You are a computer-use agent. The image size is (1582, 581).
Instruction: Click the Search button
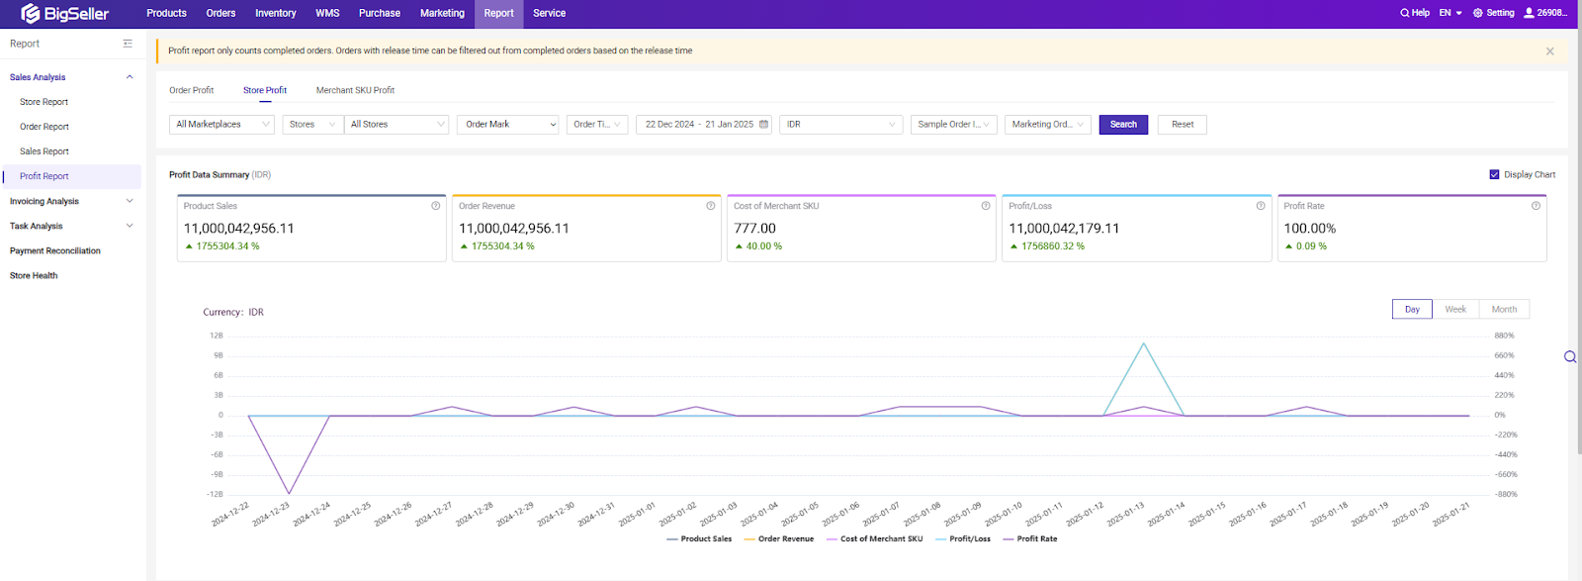(x=1123, y=125)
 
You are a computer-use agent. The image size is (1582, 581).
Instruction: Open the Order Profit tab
(x=191, y=90)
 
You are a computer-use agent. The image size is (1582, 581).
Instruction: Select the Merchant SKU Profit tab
(x=355, y=90)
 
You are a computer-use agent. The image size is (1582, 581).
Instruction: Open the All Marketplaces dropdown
(x=221, y=125)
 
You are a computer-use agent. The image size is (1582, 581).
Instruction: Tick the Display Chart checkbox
(x=1494, y=174)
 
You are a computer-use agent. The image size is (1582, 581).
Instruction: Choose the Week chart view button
(x=1455, y=309)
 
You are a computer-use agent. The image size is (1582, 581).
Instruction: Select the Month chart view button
(x=1504, y=309)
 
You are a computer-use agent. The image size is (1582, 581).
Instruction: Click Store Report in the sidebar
(x=44, y=102)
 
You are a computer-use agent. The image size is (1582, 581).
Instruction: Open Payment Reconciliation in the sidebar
(x=55, y=250)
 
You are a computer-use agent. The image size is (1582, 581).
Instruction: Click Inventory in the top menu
(x=275, y=13)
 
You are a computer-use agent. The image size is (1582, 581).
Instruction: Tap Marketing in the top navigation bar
(x=442, y=13)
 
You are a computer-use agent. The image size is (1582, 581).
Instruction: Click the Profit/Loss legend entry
(x=969, y=538)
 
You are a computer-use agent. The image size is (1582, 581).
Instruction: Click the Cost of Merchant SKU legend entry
(x=881, y=538)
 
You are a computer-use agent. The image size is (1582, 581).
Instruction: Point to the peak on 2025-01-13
(x=1144, y=343)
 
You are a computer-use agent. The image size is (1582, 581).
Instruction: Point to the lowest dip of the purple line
(x=289, y=493)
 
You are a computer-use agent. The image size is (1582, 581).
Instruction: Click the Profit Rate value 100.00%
(x=1309, y=228)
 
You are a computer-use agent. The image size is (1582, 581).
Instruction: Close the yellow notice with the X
(x=1549, y=51)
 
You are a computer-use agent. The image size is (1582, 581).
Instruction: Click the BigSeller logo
(x=65, y=14)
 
